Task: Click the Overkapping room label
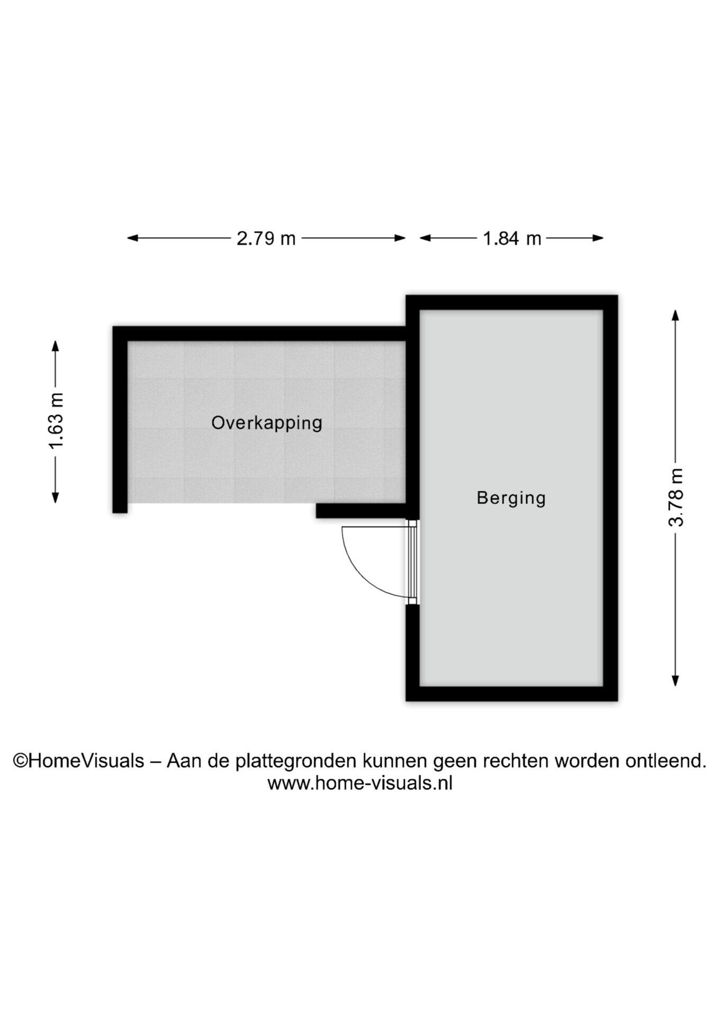pos(267,423)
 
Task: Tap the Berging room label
pos(511,498)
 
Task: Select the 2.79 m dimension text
pos(266,239)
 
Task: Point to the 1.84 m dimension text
pos(512,239)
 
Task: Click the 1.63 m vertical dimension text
pos(56,421)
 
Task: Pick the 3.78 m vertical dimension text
pos(676,497)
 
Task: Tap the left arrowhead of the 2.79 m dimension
pos(132,238)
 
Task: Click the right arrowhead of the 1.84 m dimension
pos(598,238)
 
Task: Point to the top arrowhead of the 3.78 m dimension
pos(675,315)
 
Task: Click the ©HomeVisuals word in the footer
pos(78,761)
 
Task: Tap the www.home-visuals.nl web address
pos(360,783)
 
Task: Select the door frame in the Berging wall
pos(412,562)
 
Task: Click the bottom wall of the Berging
pos(512,694)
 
